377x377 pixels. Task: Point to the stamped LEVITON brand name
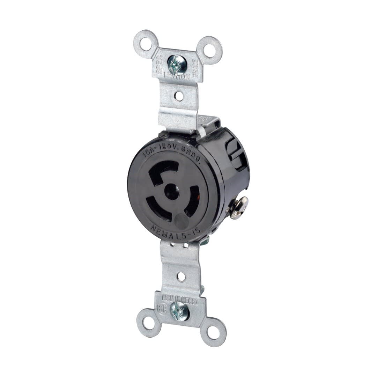point(178,77)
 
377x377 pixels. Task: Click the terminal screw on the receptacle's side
point(240,207)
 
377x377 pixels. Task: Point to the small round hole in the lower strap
point(181,277)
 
